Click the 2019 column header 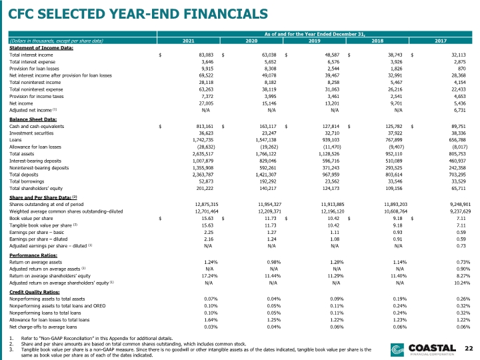315,41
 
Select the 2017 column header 441,41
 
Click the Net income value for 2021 206,103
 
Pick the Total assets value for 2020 266,154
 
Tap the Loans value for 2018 394,140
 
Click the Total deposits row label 24,175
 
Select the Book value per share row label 31,219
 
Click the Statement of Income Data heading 41,48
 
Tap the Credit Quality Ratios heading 35,292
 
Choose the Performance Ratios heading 33,255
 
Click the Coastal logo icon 397,350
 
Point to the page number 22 469,349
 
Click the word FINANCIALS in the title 226,14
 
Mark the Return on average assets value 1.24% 211,263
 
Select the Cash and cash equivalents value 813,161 205,127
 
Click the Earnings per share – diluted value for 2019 335,239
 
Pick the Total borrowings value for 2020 268,181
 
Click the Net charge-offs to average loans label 43,327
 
